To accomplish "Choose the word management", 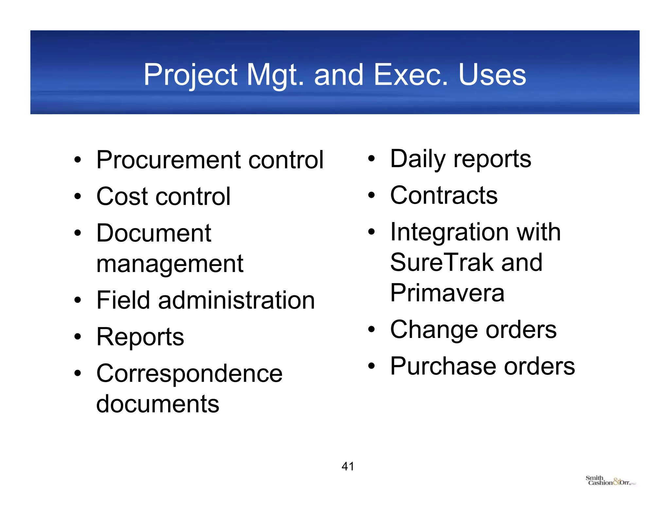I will pyautogui.click(x=170, y=264).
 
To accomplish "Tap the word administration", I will pyautogui.click(x=236, y=300).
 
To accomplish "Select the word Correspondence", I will pyautogui.click(x=189, y=373).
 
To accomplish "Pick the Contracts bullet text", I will pyautogui.click(x=444, y=195).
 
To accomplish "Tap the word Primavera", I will pyautogui.click(x=447, y=293).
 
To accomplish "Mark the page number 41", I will pyautogui.click(x=347, y=466).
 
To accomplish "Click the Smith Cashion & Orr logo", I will pyautogui.click(x=610, y=481).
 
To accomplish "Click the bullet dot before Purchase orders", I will pyautogui.click(x=371, y=366).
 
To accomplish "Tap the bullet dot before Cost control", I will pyautogui.click(x=77, y=196).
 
